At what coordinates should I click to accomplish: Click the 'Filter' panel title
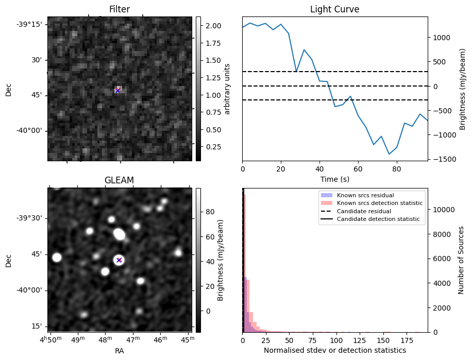coord(120,9)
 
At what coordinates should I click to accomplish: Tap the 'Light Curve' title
coord(334,9)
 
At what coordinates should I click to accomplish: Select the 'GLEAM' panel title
coord(119,180)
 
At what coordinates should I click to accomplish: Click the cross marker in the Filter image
coord(118,91)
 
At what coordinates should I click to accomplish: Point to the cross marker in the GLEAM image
coord(119,260)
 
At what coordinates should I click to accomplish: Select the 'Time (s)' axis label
coord(334,179)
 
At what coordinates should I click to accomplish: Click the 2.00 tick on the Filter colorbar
coord(213,26)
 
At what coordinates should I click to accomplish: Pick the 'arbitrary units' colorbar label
coord(227,89)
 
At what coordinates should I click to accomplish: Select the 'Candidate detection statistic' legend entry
coord(378,219)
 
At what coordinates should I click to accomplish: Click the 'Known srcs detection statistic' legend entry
coord(379,203)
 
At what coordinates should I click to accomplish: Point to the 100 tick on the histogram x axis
coord(336,340)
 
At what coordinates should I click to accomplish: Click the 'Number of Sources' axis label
coord(462,260)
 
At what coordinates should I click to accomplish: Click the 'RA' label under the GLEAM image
coord(119,351)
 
